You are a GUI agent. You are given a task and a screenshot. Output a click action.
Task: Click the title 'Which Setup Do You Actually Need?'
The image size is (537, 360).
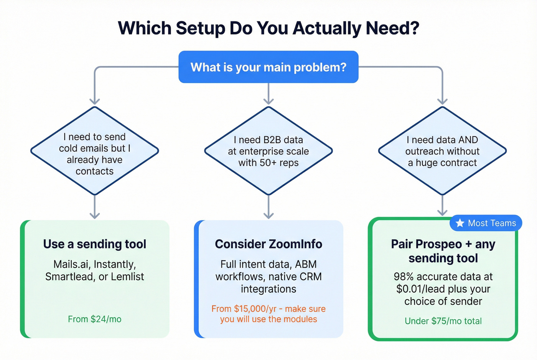click(268, 28)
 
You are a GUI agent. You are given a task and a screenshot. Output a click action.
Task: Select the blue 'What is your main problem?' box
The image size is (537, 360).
click(268, 67)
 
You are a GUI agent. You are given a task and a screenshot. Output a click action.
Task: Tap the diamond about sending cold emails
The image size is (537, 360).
click(94, 153)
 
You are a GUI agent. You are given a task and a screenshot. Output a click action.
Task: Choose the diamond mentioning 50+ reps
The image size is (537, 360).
click(268, 151)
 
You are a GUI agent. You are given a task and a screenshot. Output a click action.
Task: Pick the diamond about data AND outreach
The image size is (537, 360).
click(442, 151)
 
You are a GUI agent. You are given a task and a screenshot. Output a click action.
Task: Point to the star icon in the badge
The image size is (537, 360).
click(460, 223)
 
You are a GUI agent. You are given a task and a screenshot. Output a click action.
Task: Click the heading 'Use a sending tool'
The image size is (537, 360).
click(94, 244)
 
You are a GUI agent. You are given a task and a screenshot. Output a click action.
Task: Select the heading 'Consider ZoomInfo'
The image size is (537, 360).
click(268, 244)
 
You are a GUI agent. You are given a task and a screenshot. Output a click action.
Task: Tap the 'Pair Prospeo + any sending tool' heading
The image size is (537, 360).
click(443, 251)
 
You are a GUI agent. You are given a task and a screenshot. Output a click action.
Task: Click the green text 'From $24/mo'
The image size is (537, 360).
click(94, 319)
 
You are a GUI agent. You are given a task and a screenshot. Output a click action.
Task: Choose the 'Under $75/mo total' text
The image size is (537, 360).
click(443, 321)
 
